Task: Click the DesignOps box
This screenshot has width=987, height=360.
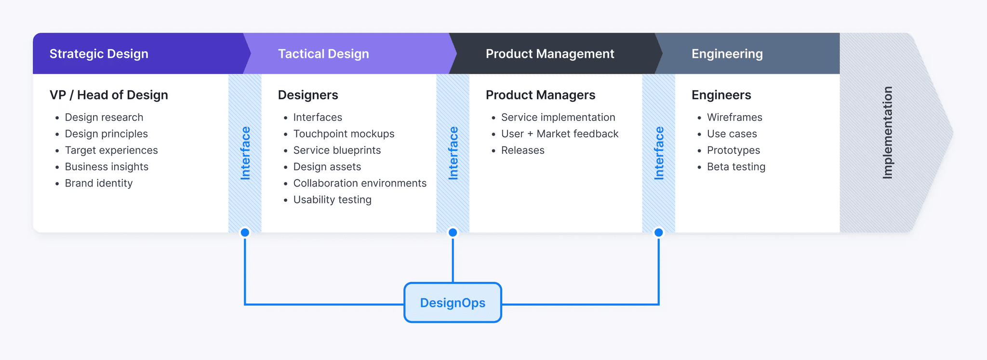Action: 453,303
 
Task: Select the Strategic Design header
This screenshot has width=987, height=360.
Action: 99,53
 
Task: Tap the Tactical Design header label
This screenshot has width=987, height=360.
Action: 323,53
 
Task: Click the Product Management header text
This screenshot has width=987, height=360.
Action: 550,53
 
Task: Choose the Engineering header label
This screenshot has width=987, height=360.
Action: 727,53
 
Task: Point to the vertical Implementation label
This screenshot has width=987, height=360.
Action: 887,133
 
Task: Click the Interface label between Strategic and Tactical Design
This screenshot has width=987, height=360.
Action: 245,153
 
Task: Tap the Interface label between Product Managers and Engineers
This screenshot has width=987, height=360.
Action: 659,153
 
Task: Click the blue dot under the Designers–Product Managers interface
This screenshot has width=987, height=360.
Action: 453,233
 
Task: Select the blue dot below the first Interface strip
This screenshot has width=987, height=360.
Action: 245,233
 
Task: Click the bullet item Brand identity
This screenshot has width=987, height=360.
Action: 98,183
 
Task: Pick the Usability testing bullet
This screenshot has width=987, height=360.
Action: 332,200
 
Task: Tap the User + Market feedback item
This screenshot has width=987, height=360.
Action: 560,134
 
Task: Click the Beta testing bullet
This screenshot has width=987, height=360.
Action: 736,167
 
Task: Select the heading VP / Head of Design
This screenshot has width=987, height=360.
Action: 109,95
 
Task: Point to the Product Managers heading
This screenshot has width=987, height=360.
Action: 540,95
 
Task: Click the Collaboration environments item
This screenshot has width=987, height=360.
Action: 360,183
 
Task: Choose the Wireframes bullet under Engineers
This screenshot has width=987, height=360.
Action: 734,118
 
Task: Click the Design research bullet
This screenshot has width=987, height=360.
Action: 104,118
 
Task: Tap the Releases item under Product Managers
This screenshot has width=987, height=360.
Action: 522,150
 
